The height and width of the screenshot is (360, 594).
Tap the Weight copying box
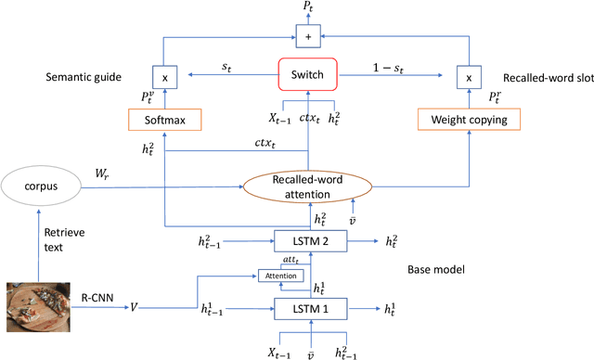470,119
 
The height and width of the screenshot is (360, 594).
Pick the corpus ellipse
41,186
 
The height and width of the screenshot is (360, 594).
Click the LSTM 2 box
308,240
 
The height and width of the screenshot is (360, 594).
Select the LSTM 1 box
308,307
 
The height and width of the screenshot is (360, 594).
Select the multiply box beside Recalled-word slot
469,79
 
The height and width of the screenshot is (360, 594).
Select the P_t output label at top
308,8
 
